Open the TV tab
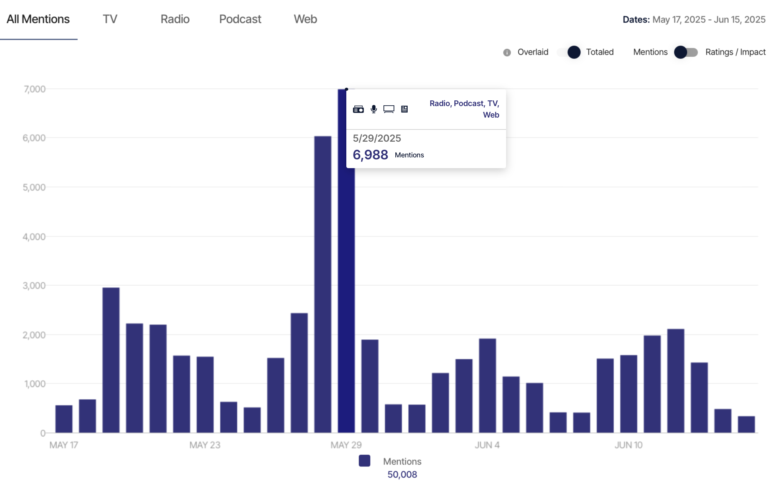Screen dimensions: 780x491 coord(110,19)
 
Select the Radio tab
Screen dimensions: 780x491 coord(175,19)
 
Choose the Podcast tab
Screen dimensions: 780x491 coord(240,19)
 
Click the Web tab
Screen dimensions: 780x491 coord(305,19)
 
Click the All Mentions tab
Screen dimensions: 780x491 coord(38,19)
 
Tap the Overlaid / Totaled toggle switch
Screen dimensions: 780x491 coord(569,52)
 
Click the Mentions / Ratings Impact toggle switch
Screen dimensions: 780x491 coord(686,52)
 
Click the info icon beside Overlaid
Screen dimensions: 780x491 coord(507,52)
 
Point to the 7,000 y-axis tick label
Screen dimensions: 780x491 coord(34,89)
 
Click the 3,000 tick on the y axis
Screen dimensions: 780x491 coord(34,286)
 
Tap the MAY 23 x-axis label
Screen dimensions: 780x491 coord(205,445)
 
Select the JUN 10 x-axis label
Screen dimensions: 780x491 coord(629,445)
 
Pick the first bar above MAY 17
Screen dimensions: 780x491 coord(64,419)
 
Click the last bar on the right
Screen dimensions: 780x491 coord(746,424)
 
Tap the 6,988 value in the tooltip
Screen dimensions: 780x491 coord(370,155)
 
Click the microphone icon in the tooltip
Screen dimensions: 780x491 coord(374,109)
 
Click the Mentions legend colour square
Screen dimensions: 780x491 coord(365,461)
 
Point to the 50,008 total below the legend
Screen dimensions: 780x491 coord(402,475)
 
